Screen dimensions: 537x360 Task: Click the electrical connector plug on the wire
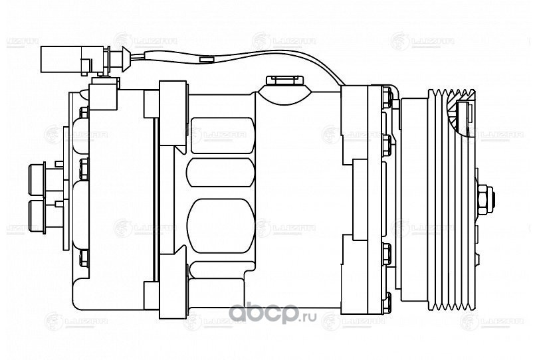click(x=66, y=58)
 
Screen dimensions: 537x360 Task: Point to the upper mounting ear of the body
click(x=173, y=93)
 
